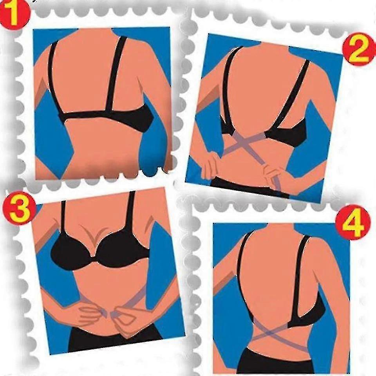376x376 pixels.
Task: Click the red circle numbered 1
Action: (x=14, y=15)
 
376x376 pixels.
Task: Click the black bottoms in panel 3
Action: (x=115, y=340)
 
